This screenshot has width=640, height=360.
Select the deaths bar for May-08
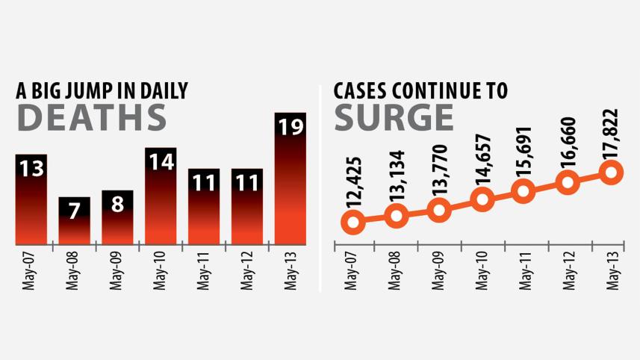click(x=75, y=221)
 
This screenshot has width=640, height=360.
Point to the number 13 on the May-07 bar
click(x=31, y=169)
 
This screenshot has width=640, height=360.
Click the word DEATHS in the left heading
click(x=91, y=117)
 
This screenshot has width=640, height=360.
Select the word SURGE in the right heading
click(x=394, y=117)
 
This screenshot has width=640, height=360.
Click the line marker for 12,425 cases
click(x=354, y=221)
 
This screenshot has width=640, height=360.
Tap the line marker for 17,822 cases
click(x=611, y=173)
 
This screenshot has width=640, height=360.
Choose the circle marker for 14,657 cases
click(x=482, y=199)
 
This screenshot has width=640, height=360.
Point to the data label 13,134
click(x=397, y=181)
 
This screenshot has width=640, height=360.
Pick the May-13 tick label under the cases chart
click(x=610, y=270)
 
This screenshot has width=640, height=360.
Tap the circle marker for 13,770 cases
click(x=439, y=210)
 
